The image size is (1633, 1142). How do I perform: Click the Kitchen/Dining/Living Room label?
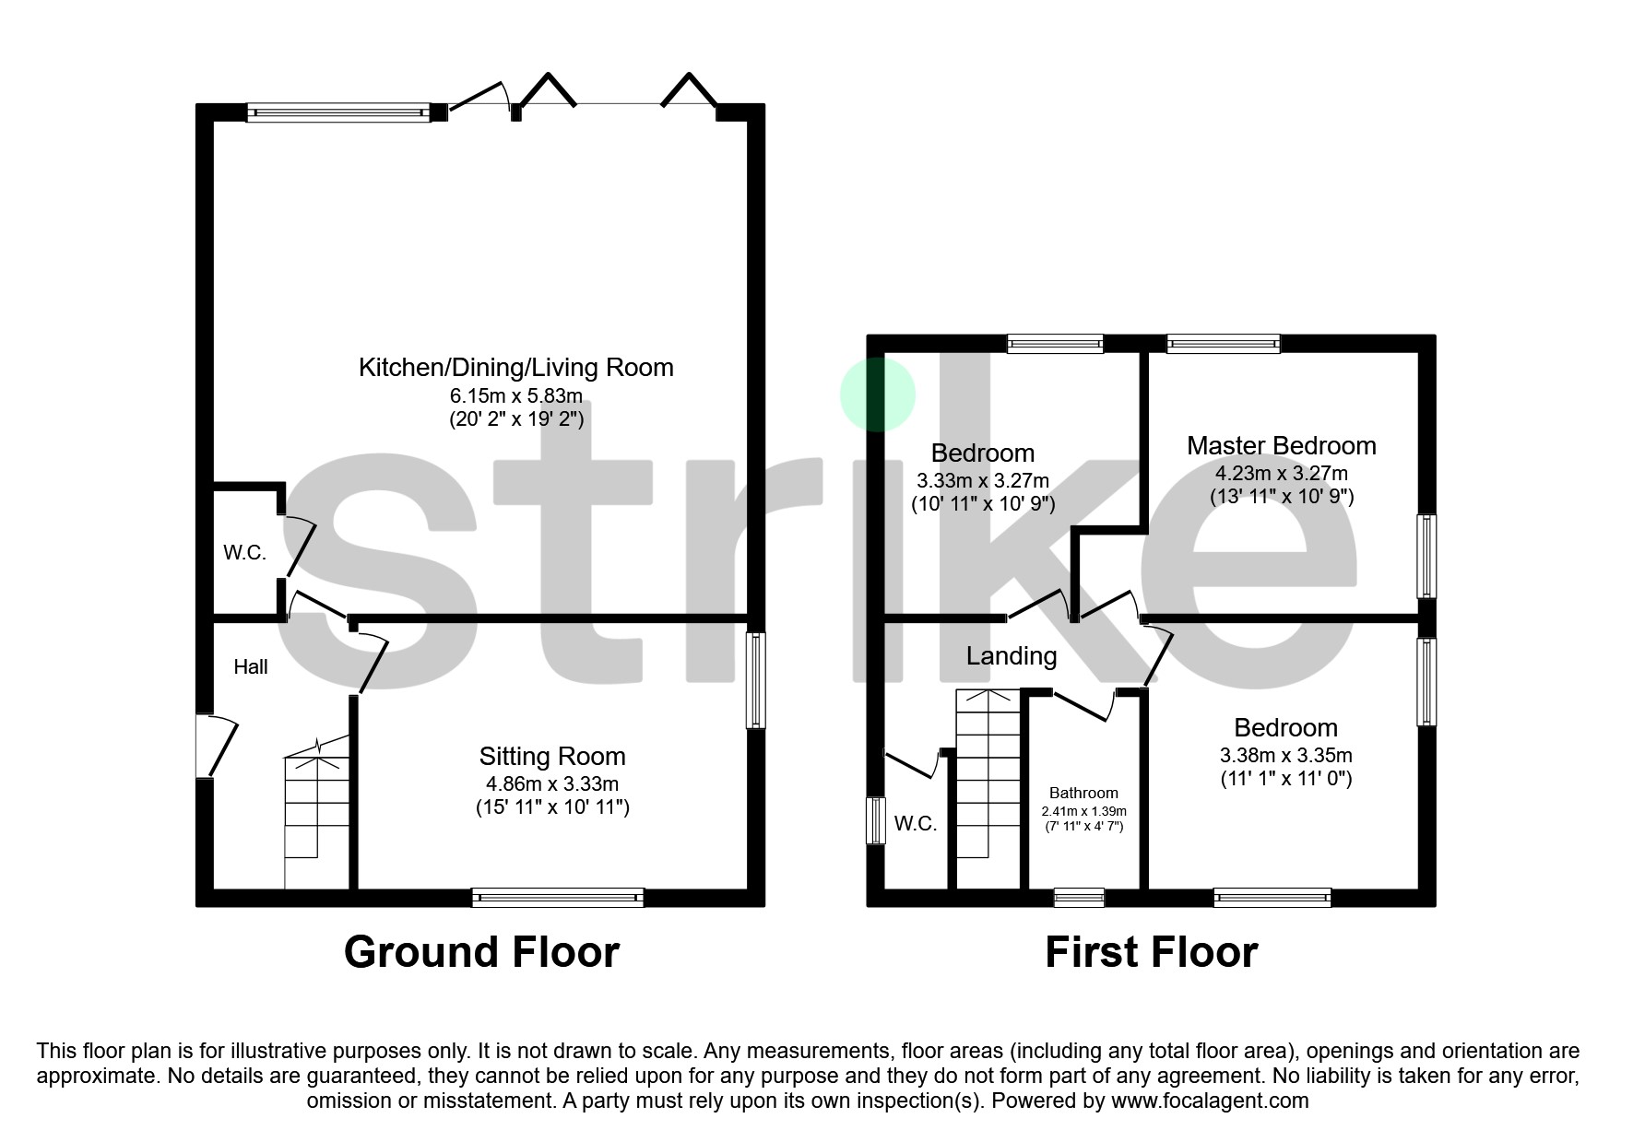point(515,368)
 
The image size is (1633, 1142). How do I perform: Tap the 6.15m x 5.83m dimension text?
point(515,396)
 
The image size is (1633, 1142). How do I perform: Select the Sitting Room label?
point(552,757)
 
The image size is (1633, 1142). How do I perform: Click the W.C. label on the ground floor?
point(244,553)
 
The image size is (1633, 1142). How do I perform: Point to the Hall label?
point(251,667)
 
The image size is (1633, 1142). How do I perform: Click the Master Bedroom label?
point(1281,446)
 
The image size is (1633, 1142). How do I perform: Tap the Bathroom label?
point(1083,793)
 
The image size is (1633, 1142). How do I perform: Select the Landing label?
point(1012,656)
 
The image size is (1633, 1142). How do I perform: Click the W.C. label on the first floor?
point(916,824)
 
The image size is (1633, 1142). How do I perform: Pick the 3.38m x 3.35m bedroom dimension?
point(1285,756)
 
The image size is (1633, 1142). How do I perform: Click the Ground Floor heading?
point(481,952)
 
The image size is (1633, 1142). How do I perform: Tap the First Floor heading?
point(1151,952)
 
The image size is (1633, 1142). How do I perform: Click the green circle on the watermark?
point(877,394)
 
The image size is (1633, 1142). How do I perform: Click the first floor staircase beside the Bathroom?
point(988,783)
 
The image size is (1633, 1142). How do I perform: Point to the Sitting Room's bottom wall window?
point(557,897)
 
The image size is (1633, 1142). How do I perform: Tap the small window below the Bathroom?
point(1079,897)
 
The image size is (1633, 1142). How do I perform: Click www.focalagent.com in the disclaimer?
point(1210,1101)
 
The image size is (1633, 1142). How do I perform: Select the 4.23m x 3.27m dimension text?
point(1281,474)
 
